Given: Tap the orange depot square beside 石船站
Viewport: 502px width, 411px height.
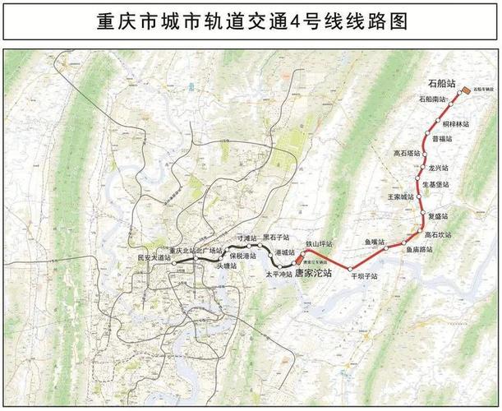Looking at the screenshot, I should tap(465, 90).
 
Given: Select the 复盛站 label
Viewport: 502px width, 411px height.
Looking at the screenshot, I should tap(440, 215).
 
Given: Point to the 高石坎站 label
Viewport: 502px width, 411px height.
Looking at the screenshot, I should tap(440, 234).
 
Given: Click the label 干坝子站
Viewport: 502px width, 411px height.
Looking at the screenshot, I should tap(364, 277).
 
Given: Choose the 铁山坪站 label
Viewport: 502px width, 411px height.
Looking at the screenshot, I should tap(319, 244).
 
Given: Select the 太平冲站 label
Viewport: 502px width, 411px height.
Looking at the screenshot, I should tap(279, 273).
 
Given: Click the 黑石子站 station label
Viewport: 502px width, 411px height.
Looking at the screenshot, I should tap(277, 236).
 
